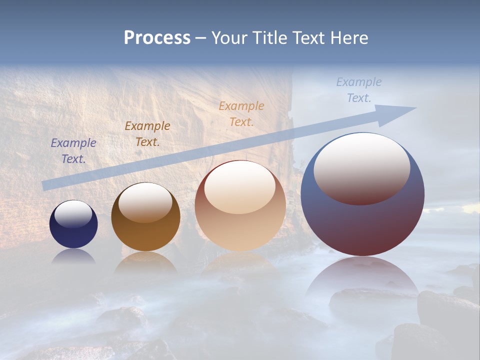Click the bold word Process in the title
point(157,38)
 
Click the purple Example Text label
point(73,151)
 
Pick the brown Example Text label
point(147,134)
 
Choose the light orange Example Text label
point(241,113)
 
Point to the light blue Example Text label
point(359,90)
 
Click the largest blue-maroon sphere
point(362,225)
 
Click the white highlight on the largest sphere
point(362,167)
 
